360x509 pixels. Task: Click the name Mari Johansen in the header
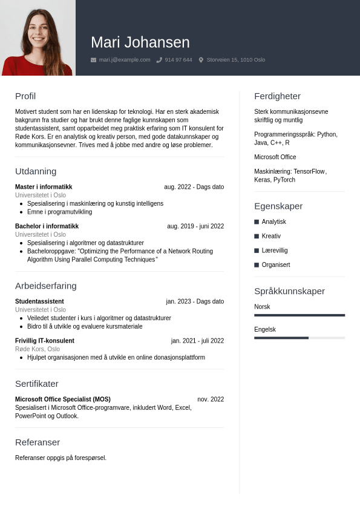click(x=140, y=42)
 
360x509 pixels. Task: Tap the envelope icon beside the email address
click(x=93, y=60)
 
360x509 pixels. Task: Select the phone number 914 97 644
click(x=178, y=60)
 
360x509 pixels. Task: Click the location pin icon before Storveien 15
click(x=201, y=60)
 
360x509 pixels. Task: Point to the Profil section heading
click(x=25, y=96)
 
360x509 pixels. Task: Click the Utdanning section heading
click(x=36, y=171)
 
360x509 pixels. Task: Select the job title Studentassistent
click(x=39, y=301)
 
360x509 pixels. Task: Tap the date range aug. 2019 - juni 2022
click(x=195, y=226)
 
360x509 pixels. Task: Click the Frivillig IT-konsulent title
click(x=45, y=341)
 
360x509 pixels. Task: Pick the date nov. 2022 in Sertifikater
click(x=211, y=399)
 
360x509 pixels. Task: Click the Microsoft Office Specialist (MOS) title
click(x=63, y=399)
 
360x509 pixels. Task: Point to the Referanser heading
click(x=38, y=442)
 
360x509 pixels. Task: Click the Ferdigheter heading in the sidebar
click(x=277, y=96)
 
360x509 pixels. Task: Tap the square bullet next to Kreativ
click(x=257, y=236)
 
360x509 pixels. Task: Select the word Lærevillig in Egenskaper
click(x=275, y=251)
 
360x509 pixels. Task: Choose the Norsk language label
click(x=262, y=307)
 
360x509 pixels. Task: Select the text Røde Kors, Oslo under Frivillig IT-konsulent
click(x=38, y=349)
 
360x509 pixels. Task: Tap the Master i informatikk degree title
click(x=44, y=187)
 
